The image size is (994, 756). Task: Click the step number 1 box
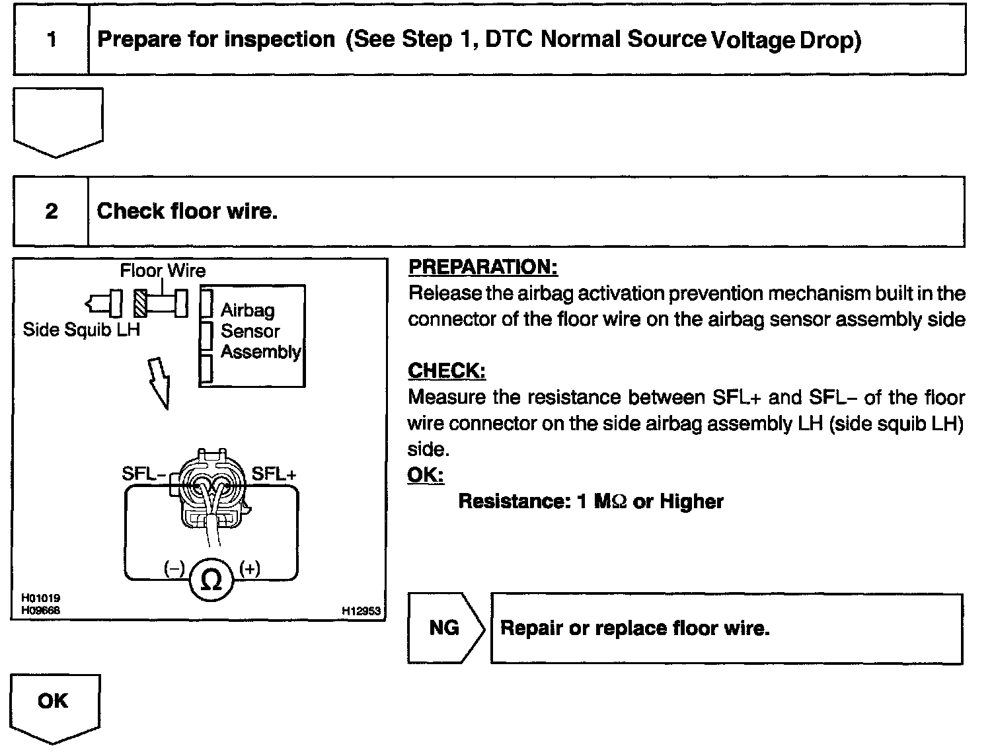[x=51, y=40]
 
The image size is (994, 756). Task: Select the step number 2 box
[x=51, y=211]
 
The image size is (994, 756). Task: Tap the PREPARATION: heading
[x=483, y=268]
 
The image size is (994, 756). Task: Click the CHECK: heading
[x=447, y=371]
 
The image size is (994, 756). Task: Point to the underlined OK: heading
[x=426, y=475]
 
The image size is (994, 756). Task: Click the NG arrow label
[x=444, y=627]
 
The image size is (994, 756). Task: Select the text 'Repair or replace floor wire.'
[x=634, y=628]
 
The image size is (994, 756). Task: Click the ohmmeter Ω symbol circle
[x=211, y=580]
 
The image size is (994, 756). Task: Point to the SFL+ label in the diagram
[x=274, y=474]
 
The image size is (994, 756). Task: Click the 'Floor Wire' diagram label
[x=163, y=270]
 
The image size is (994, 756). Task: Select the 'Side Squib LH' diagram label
[x=81, y=329]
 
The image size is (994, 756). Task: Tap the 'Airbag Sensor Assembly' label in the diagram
[x=259, y=331]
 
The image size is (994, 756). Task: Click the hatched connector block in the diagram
[x=140, y=304]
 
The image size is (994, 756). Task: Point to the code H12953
[x=361, y=611]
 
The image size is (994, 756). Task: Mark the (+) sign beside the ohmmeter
[x=250, y=568]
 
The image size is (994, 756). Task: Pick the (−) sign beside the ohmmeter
[x=174, y=568]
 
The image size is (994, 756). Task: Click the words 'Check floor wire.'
[x=187, y=211]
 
